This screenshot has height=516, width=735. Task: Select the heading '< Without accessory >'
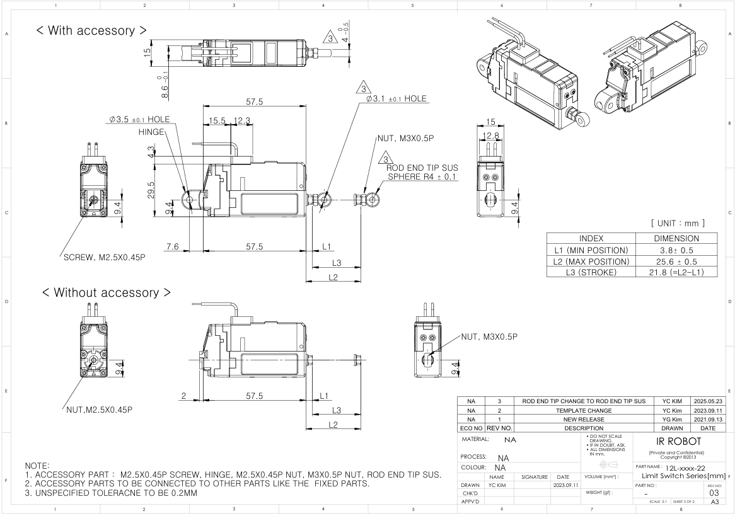(x=106, y=292)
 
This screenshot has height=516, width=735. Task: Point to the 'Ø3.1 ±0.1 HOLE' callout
(x=396, y=99)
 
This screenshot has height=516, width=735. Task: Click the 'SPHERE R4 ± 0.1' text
(x=422, y=178)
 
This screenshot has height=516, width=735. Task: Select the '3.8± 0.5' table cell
(x=676, y=250)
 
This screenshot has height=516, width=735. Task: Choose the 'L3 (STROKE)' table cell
(x=591, y=272)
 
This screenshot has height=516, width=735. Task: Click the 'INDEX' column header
(x=591, y=239)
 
